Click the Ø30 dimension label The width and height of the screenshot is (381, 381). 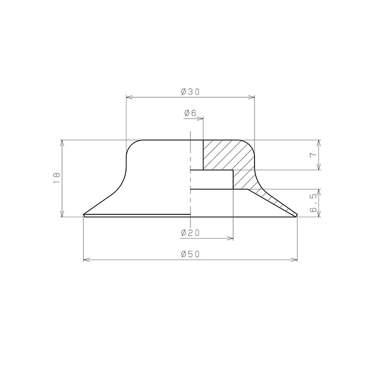click(190, 92)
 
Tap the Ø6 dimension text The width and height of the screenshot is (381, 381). click(190, 113)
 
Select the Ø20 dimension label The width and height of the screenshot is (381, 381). click(190, 233)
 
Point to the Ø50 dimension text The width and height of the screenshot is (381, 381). click(190, 254)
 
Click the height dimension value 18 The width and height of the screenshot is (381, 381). click(57, 178)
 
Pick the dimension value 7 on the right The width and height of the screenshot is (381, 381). click(313, 155)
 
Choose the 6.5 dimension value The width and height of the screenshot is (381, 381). click(314, 203)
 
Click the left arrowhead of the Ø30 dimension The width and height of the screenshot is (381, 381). click(129, 97)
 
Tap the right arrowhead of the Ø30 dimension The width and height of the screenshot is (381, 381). click(252, 97)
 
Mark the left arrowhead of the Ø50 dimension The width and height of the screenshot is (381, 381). click(86, 260)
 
